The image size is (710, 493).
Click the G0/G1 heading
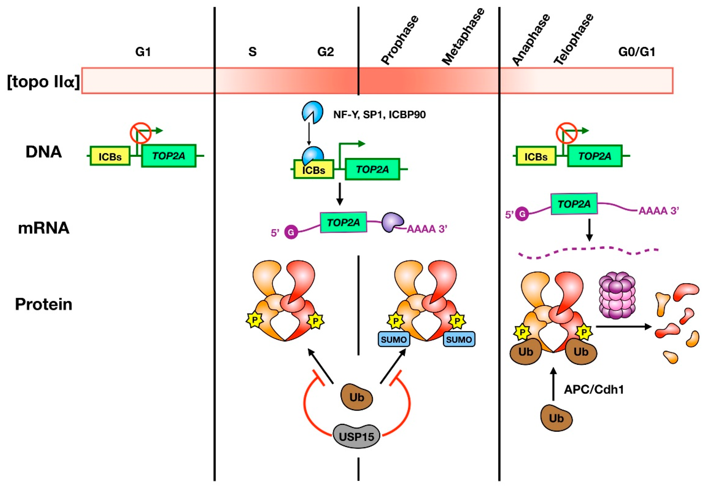[637, 52]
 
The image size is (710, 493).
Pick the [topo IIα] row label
[43, 82]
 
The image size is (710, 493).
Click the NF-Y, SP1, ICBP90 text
[379, 115]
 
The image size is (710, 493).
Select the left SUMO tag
[393, 339]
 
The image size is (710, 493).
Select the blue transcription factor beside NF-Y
[312, 112]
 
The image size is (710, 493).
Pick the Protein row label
[44, 304]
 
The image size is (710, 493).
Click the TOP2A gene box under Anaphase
[594, 156]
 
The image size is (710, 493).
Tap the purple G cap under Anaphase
[522, 214]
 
